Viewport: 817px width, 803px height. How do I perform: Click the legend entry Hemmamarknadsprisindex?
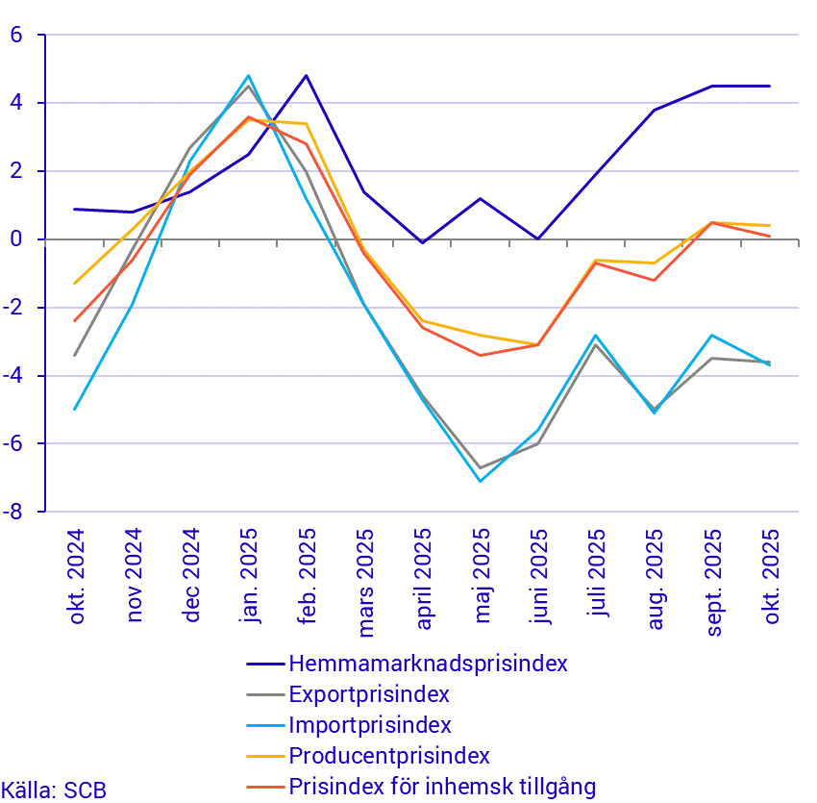click(x=428, y=664)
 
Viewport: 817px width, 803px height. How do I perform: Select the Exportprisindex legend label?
click(x=369, y=694)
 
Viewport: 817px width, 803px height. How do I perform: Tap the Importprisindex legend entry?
click(x=369, y=725)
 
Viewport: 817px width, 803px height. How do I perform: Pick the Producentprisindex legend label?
click(x=389, y=756)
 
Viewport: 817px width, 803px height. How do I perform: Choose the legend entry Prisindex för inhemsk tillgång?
click(x=442, y=787)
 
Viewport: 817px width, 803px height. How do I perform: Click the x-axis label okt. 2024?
click(x=76, y=575)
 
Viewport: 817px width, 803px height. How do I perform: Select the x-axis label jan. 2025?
click(x=249, y=575)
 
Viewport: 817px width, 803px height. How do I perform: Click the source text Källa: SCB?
click(x=54, y=790)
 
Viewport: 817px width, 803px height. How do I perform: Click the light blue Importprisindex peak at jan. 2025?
click(x=249, y=75)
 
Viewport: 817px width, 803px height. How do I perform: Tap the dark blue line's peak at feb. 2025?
click(x=307, y=75)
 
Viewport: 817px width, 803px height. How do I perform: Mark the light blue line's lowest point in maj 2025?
click(x=481, y=481)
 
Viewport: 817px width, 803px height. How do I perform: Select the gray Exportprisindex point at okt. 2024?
click(x=75, y=355)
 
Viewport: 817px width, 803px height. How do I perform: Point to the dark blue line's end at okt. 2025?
click(x=770, y=86)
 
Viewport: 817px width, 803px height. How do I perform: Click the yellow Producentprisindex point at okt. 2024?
click(x=75, y=284)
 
